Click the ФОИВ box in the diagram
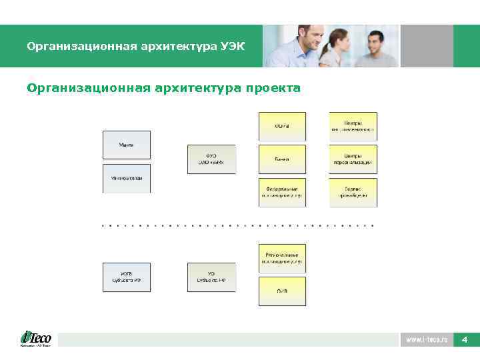(x=282, y=126)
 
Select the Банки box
(x=282, y=159)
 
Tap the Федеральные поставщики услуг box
(x=282, y=192)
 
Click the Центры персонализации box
(x=353, y=159)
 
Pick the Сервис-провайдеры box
(x=353, y=192)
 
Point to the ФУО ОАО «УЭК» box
(x=211, y=159)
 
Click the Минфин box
(x=127, y=145)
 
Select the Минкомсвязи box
(x=127, y=178)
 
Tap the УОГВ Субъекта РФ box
(x=127, y=277)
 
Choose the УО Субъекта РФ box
(x=211, y=277)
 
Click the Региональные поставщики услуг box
(x=282, y=258)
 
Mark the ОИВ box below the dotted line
(x=282, y=291)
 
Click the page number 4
(x=464, y=340)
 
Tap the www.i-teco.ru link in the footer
(x=427, y=340)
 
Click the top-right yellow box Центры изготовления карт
(x=353, y=126)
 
